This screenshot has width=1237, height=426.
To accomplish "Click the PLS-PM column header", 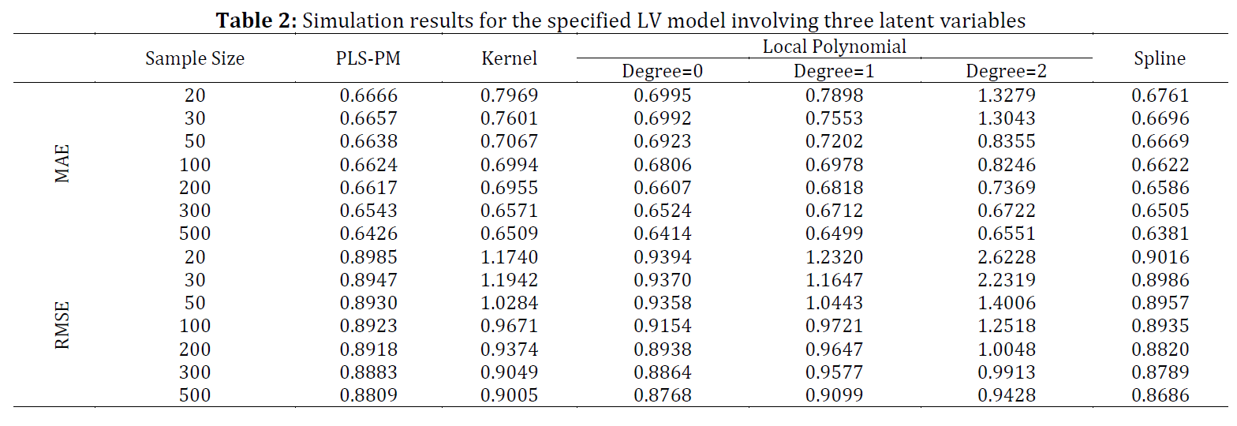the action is (368, 58).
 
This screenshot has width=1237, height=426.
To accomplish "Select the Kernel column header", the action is (509, 58).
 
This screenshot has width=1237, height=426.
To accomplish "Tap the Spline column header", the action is (1160, 59).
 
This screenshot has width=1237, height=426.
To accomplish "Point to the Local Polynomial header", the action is (835, 47).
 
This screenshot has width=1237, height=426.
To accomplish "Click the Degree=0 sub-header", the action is (662, 71).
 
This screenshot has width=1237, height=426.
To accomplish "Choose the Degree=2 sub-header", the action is (1006, 71).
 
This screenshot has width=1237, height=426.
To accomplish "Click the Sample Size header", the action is (195, 58).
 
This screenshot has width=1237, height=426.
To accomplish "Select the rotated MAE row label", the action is (62, 163).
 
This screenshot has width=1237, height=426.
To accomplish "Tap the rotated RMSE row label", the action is (62, 326).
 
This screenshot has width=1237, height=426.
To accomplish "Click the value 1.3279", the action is (1007, 95).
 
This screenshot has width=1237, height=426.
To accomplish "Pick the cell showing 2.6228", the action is (1007, 257).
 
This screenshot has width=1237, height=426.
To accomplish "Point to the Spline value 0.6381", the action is (1160, 234).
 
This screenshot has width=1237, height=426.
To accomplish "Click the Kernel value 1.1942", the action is (509, 280).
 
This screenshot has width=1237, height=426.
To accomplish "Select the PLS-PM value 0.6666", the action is (368, 95).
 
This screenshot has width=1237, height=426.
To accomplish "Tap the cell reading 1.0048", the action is (1007, 349).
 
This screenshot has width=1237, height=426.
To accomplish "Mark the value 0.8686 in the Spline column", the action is (1160, 395).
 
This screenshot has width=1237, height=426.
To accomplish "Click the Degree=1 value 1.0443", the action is (834, 303).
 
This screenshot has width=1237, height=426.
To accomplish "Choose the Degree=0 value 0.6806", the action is (662, 165).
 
